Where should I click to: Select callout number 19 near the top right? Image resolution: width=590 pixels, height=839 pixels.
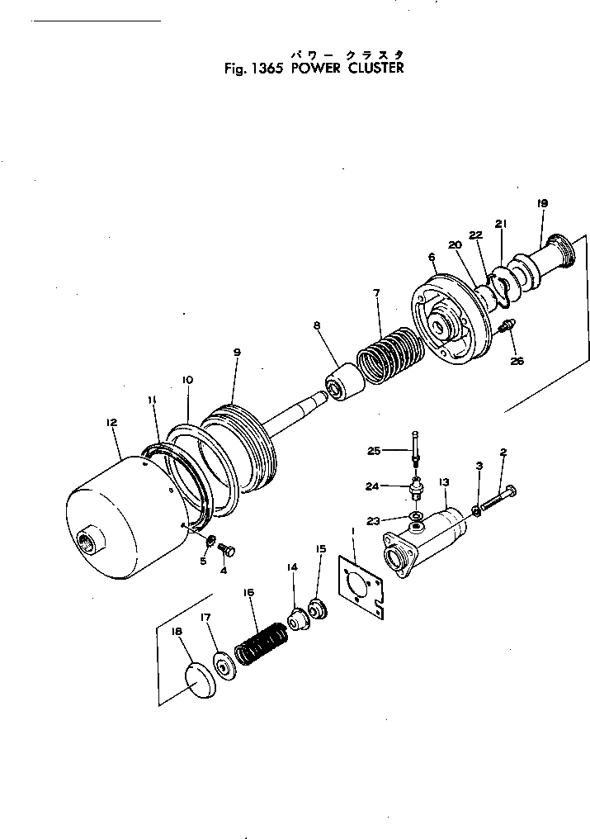(x=542, y=203)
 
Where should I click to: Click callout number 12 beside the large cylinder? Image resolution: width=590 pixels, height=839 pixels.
(x=112, y=422)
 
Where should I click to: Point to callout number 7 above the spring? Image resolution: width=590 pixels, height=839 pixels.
(x=375, y=293)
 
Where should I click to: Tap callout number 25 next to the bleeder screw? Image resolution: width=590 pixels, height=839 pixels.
(x=374, y=450)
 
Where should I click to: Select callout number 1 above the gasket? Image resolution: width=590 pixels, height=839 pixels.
(x=352, y=530)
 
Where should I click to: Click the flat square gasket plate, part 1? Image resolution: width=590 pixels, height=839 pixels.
(x=361, y=584)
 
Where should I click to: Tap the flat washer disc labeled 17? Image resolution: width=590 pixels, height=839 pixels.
(x=223, y=666)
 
